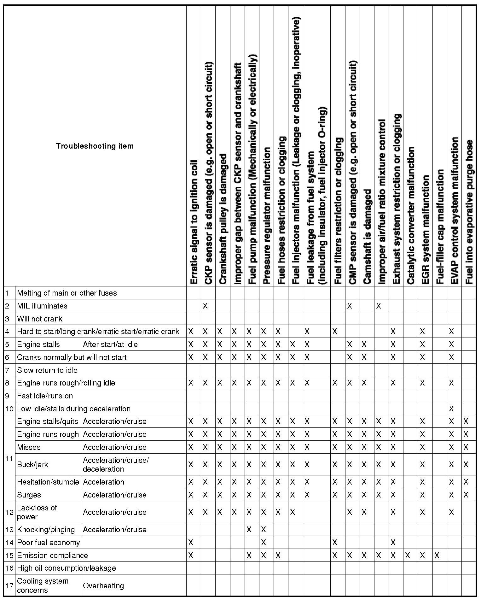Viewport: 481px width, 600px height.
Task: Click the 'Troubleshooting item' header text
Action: click(x=95, y=146)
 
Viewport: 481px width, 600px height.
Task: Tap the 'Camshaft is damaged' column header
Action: click(x=367, y=237)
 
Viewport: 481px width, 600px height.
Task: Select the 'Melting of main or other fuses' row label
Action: click(x=67, y=293)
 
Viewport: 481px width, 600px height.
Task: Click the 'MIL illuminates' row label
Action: click(x=42, y=306)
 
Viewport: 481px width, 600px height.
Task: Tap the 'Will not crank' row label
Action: click(x=40, y=319)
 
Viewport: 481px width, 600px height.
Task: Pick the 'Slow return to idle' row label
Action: click(x=47, y=370)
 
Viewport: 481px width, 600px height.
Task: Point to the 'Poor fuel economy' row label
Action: click(x=49, y=543)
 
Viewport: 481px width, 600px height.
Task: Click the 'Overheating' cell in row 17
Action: click(x=103, y=586)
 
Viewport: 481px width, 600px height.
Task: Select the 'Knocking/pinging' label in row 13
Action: click(x=46, y=530)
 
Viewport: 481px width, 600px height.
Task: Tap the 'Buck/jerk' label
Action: click(x=33, y=465)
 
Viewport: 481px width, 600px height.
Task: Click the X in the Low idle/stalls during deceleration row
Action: click(x=451, y=409)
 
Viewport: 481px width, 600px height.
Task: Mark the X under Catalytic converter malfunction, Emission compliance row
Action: click(x=408, y=556)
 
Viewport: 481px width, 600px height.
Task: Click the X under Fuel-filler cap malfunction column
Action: click(x=437, y=556)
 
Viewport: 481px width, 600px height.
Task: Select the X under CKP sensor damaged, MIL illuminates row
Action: click(x=205, y=306)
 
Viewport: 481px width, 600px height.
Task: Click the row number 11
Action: click(x=9, y=458)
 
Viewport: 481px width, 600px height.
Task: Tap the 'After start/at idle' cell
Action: click(x=110, y=344)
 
